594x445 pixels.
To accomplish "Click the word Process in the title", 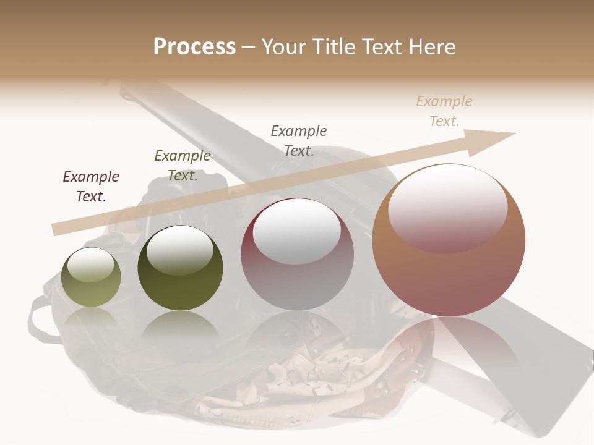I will click(x=194, y=46).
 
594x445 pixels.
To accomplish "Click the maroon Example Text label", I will click(x=91, y=187).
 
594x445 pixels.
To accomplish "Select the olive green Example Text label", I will click(x=182, y=166).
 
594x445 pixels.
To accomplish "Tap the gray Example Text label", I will click(x=299, y=140).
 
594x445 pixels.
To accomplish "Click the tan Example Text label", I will click(x=444, y=111).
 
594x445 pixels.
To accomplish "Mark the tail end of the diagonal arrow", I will click(x=57, y=229).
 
